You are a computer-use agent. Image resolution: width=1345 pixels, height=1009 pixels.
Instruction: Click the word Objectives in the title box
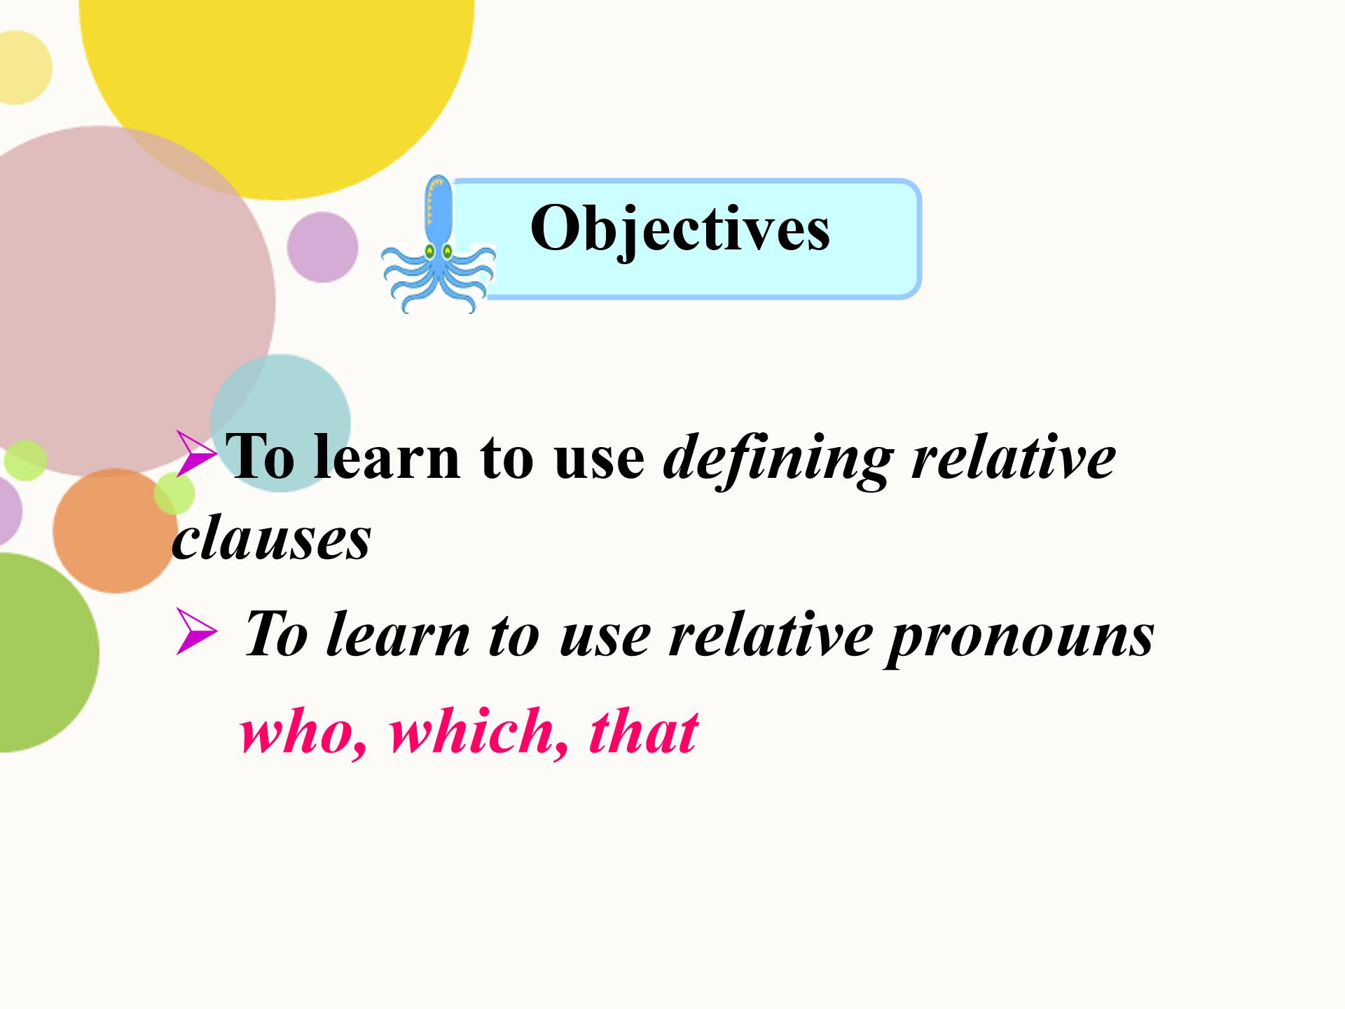[x=680, y=230]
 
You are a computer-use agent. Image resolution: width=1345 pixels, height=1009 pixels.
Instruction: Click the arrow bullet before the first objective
[x=197, y=455]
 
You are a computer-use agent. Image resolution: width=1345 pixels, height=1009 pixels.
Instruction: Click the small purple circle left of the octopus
[x=322, y=247]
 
